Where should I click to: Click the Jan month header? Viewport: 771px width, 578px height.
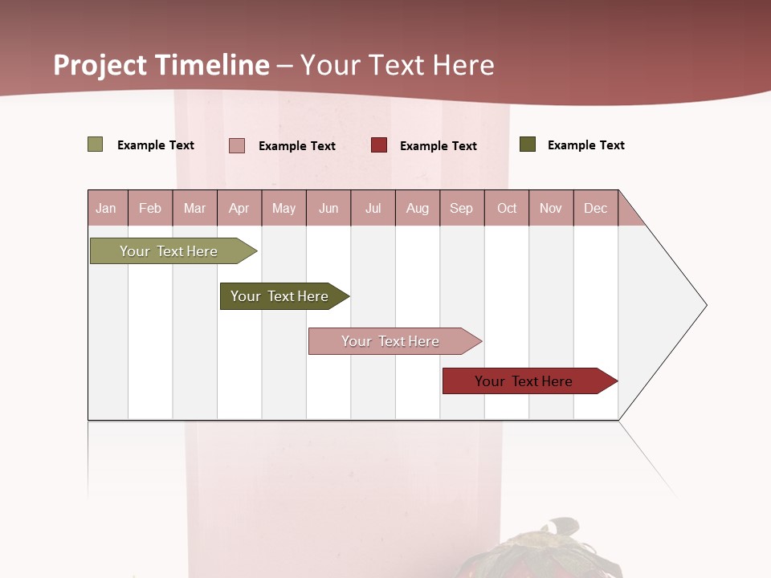106,208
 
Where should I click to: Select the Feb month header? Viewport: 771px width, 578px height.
150,208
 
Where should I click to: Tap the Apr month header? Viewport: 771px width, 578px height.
239,208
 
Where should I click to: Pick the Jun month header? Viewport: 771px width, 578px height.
328,208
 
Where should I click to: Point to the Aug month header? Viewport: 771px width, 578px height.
417,208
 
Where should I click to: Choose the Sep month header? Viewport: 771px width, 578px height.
461,208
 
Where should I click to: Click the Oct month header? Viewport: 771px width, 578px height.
507,208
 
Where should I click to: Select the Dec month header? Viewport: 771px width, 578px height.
595,208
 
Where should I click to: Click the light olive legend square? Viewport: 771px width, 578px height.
96,144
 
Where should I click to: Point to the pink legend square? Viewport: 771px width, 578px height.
237,145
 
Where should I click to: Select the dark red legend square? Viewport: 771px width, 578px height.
379,145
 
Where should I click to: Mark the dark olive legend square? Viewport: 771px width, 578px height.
528,144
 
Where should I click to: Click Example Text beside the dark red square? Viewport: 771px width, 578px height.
438,146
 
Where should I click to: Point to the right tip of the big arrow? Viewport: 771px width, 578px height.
704,305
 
